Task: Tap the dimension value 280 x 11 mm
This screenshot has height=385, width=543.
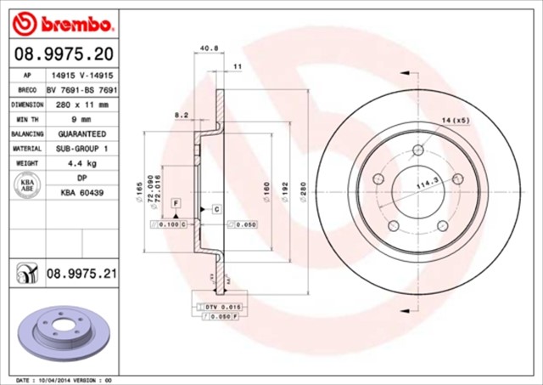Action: pyautogui.click(x=81, y=105)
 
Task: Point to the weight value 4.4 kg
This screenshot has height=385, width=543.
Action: pyautogui.click(x=81, y=162)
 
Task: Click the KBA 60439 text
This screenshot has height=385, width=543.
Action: pyautogui.click(x=81, y=192)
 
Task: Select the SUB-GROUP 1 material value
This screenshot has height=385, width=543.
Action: pyautogui.click(x=81, y=148)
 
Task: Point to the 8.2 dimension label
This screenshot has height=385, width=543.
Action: pyautogui.click(x=181, y=114)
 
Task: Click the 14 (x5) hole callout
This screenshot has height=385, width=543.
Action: pyautogui.click(x=456, y=122)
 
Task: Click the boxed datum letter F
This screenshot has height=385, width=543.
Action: pyautogui.click(x=175, y=202)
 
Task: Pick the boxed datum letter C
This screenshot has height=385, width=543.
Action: pyautogui.click(x=216, y=208)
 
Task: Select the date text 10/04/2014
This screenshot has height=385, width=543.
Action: pyautogui.click(x=65, y=380)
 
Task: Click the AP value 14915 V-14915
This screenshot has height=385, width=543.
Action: pyautogui.click(x=81, y=76)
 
